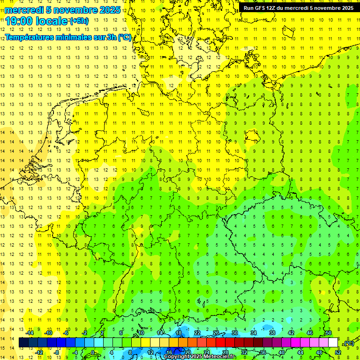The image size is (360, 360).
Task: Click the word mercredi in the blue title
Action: [x=24, y=10]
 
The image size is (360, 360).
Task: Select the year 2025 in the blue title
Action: [x=108, y=10]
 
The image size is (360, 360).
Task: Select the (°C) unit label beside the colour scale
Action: [x=348, y=343]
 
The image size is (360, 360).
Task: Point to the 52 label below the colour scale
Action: [x=338, y=352]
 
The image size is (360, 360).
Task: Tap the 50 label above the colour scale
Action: [x=329, y=333]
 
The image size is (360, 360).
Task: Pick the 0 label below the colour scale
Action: [x=93, y=352]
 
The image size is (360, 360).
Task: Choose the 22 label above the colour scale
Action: [x=197, y=333]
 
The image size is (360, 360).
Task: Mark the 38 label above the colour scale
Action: [x=272, y=333]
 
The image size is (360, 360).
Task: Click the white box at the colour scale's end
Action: [x=333, y=343]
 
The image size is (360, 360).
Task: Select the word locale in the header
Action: [x=51, y=21]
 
